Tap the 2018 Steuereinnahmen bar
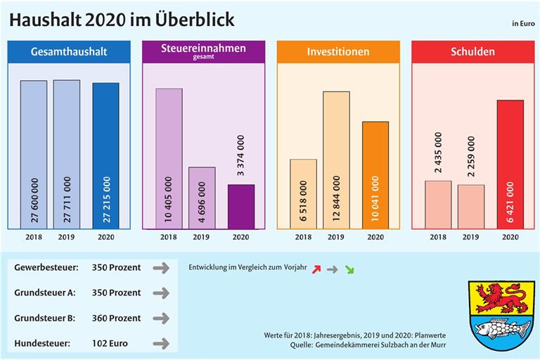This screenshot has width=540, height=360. [x=169, y=158]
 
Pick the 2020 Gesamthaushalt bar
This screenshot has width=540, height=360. [x=105, y=155]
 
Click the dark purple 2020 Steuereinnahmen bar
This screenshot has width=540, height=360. [x=241, y=206]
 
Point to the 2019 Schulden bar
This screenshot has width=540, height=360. [x=470, y=206]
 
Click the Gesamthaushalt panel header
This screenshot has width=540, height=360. [x=68, y=51]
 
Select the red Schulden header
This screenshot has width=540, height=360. [x=472, y=51]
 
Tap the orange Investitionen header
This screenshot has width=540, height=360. [x=337, y=51]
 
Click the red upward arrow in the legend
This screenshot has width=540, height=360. [x=316, y=269]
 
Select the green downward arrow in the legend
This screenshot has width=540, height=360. [x=349, y=269]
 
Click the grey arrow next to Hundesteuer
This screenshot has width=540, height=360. [x=161, y=344]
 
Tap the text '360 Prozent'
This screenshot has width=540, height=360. [x=116, y=318]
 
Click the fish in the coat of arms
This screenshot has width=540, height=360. [x=500, y=328]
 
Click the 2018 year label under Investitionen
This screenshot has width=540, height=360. [x=303, y=237]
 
